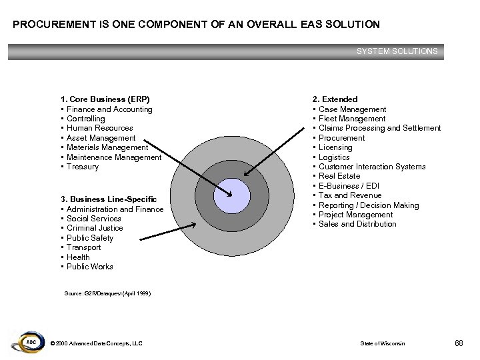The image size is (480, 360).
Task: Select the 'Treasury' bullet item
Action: (x=82, y=167)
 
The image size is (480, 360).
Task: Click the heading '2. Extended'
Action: (x=335, y=99)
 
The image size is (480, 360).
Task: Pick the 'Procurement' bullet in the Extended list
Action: (x=341, y=138)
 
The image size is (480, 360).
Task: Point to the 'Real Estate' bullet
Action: (x=339, y=176)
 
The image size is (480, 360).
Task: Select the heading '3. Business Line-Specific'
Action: (x=109, y=199)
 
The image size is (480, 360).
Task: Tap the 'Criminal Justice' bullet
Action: (x=94, y=228)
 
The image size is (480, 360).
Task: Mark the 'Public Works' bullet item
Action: (x=89, y=267)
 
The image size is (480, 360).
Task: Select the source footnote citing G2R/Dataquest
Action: (x=107, y=293)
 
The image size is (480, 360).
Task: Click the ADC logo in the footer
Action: (x=29, y=341)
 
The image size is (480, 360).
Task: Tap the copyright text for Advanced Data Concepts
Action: (x=96, y=343)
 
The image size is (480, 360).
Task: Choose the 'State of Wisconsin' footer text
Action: (x=383, y=343)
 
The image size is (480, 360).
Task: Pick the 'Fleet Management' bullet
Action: (x=351, y=119)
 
